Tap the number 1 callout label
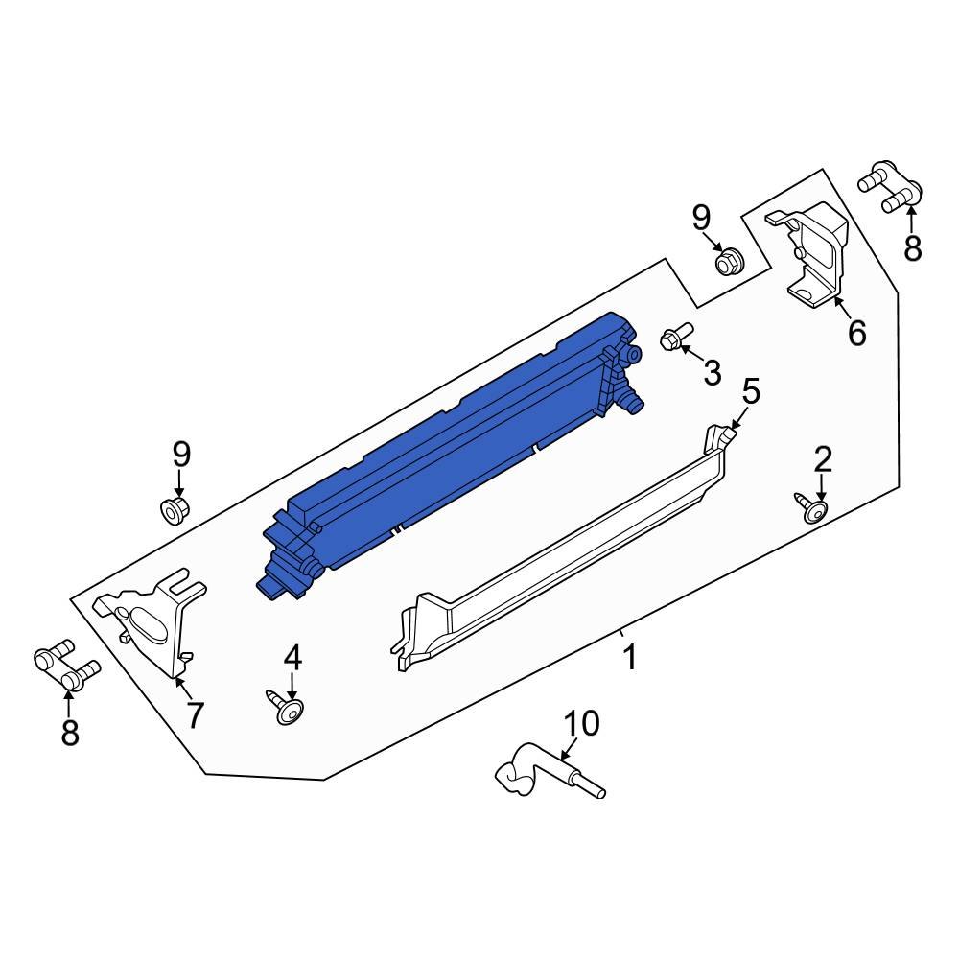[630, 659]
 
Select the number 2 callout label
[823, 460]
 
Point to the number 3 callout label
[712, 372]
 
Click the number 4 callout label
[292, 657]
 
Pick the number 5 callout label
[751, 391]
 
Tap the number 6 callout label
[856, 333]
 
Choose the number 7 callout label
[195, 714]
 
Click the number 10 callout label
[580, 723]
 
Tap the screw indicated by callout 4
[287, 711]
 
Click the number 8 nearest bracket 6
[912, 247]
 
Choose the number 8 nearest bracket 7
[70, 734]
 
